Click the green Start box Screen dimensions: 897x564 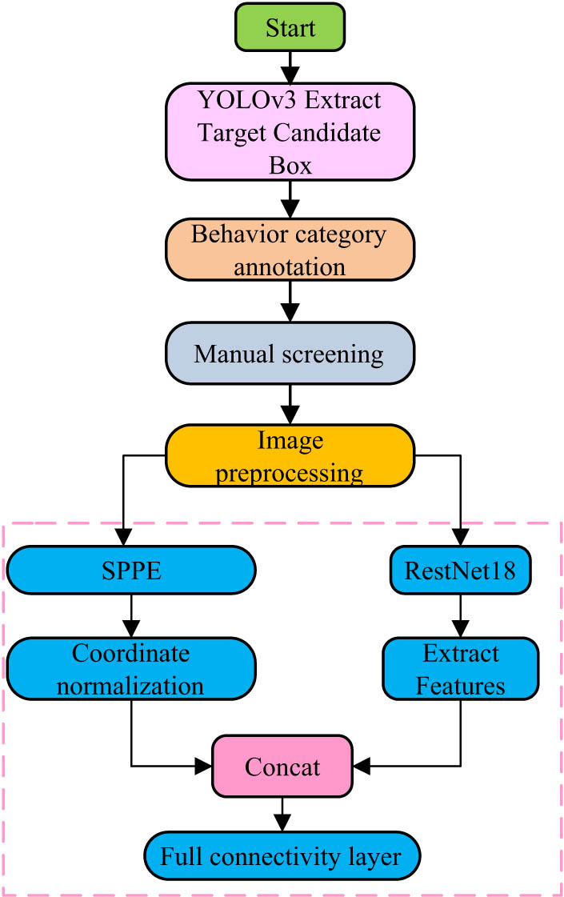(x=290, y=28)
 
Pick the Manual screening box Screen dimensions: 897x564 (x=290, y=353)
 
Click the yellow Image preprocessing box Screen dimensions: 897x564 (x=290, y=455)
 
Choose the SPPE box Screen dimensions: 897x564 (x=130, y=570)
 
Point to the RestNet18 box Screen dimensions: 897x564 (x=461, y=570)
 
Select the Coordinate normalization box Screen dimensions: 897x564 (x=130, y=669)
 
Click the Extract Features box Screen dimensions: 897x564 (x=461, y=669)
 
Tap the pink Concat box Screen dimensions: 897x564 (x=282, y=767)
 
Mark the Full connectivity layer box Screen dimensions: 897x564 (x=282, y=858)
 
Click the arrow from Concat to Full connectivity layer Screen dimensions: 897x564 (x=282, y=813)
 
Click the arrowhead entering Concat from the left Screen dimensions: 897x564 (x=204, y=767)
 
